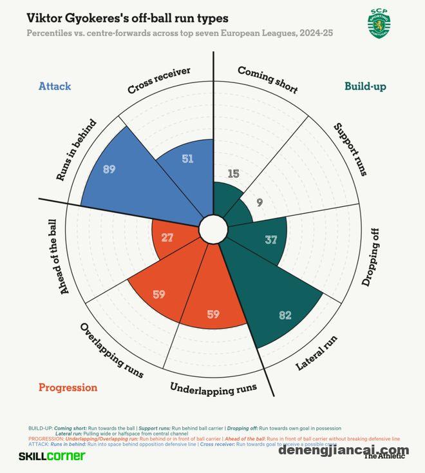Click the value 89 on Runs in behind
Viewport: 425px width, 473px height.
pyautogui.click(x=109, y=169)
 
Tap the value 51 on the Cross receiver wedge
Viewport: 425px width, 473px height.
pyautogui.click(x=187, y=159)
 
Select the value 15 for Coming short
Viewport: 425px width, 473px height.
pyautogui.click(x=234, y=173)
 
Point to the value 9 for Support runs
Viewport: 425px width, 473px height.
pyautogui.click(x=260, y=202)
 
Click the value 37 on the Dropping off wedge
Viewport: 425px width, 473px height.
pyautogui.click(x=271, y=240)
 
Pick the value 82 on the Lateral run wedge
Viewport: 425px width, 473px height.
pyautogui.click(x=285, y=315)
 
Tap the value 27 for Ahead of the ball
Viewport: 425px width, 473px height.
pyautogui.click(x=167, y=237)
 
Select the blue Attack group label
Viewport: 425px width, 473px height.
pyautogui.click(x=55, y=86)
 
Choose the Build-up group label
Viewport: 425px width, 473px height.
pyautogui.click(x=365, y=86)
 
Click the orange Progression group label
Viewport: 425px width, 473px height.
pyautogui.click(x=68, y=387)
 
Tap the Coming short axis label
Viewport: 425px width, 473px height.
pyautogui.click(x=268, y=79)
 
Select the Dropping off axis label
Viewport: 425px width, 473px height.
pyautogui.click(x=373, y=257)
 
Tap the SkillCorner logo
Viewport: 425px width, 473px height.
pyautogui.click(x=52, y=456)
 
